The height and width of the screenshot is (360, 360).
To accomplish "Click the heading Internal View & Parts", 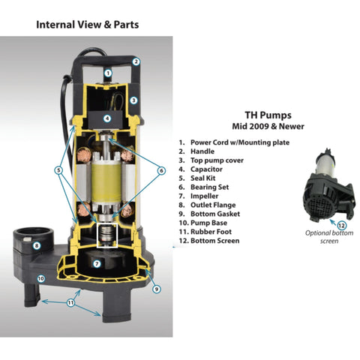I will pos(87,25).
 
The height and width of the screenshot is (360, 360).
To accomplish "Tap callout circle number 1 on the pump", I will pos(108,73).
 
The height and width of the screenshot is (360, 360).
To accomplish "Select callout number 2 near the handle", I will pos(136,61).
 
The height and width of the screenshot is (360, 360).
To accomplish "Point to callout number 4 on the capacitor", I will pos(107,118).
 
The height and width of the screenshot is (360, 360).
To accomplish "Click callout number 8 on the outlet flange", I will pos(36,245).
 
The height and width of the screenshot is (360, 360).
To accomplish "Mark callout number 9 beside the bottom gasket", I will pos(156,288).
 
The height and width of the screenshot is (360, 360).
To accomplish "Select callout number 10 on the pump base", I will pos(42,278).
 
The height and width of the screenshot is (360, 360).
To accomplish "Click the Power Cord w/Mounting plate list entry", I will pos(238,142).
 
